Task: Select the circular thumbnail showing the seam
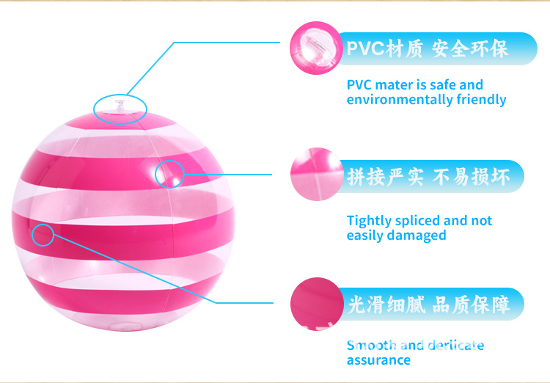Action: tap(315, 175)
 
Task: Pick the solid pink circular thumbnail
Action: tap(315, 302)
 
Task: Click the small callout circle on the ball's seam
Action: tap(170, 173)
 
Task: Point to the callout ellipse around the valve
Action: tap(120, 109)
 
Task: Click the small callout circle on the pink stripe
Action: tap(43, 234)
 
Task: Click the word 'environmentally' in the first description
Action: tap(397, 100)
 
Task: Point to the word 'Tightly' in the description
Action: tap(368, 221)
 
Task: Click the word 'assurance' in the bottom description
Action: tap(378, 360)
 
